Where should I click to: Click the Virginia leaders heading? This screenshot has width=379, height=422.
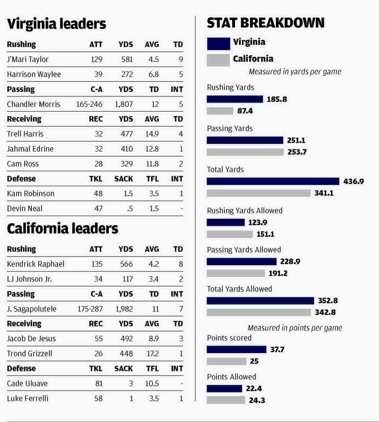tap(57, 24)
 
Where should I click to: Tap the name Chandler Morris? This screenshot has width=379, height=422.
tap(33, 104)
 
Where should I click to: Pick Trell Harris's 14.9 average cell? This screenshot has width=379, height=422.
tap(152, 134)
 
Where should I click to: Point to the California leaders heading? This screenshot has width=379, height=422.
tap(62, 229)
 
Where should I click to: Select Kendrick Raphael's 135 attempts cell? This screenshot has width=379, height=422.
tap(97, 264)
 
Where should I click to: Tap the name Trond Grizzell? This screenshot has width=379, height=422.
tap(29, 354)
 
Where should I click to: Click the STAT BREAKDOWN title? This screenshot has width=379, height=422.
tap(265, 23)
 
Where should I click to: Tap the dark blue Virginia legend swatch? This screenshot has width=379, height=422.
tap(218, 43)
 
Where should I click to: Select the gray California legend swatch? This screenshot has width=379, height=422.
tap(218, 60)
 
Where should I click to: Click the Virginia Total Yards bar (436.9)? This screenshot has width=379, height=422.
tap(273, 181)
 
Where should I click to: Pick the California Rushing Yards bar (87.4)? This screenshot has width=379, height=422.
tap(220, 111)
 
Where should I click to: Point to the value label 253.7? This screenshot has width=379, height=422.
tap(297, 152)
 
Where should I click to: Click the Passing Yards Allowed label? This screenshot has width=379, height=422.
tap(244, 249)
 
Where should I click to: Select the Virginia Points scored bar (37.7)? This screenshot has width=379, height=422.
tap(236, 349)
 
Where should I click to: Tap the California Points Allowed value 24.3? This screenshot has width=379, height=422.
tap(256, 400)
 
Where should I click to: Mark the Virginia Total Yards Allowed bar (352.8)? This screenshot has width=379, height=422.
tap(260, 300)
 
